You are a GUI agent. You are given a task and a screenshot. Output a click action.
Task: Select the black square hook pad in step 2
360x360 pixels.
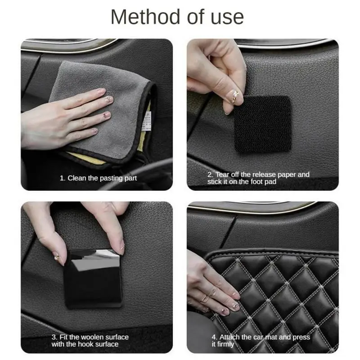262,123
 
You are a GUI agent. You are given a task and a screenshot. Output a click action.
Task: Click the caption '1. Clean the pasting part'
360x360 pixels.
99,178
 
